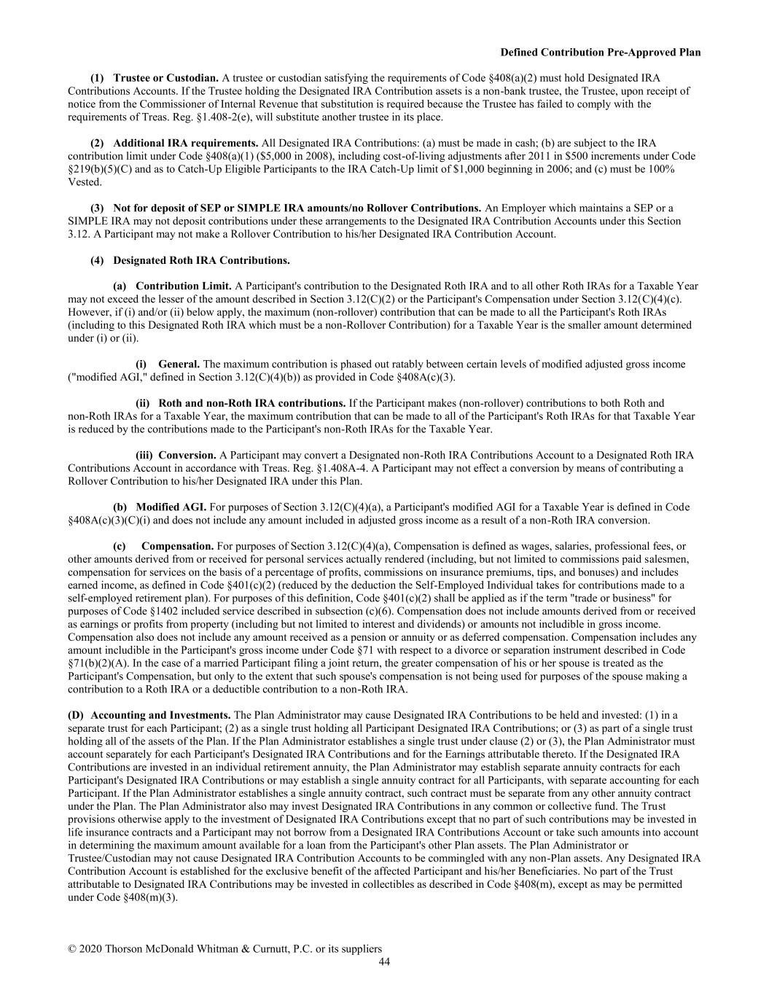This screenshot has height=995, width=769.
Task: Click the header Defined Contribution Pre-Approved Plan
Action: coord(601,52)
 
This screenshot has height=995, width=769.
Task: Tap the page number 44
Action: coord(384,962)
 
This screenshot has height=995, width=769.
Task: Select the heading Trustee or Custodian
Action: coord(165,77)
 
